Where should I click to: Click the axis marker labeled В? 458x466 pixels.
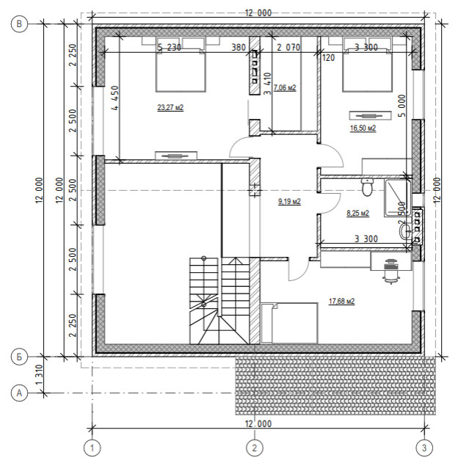[19, 23]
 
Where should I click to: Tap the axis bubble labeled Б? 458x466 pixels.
[19, 357]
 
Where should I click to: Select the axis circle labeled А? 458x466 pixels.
[19, 393]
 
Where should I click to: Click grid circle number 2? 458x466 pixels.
[255, 448]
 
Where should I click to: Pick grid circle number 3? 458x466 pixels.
[424, 448]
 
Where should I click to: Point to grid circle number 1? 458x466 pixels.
[92, 448]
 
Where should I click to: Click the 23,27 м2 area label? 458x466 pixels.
[170, 107]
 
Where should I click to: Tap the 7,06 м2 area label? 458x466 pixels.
[285, 87]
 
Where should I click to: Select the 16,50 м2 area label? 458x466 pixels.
[363, 128]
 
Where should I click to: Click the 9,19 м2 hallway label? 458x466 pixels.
[289, 202]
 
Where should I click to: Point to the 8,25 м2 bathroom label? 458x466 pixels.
[358, 213]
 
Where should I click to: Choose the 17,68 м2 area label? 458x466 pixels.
[341, 302]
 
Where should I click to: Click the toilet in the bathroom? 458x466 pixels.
[367, 187]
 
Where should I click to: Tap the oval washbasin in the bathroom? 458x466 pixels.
[405, 231]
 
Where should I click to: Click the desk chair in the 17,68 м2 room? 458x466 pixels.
[391, 272]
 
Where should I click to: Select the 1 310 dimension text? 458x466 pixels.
[39, 375]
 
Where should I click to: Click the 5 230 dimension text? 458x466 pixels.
[169, 47]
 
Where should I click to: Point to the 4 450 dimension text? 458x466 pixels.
[115, 98]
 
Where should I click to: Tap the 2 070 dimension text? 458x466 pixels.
[288, 47]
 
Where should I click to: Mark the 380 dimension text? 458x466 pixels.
[239, 47]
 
